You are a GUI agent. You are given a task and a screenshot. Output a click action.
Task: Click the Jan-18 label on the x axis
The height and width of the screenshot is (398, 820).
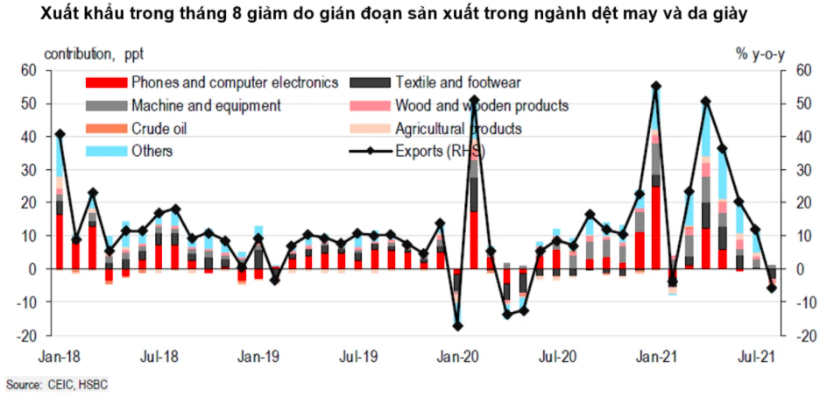click(x=58, y=357)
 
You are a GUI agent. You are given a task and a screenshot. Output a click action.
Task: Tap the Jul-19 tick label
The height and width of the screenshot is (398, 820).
click(x=358, y=357)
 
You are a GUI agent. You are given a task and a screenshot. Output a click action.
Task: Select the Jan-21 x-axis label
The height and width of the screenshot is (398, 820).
click(x=656, y=357)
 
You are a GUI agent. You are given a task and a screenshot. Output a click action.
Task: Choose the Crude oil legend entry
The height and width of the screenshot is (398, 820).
click(x=159, y=129)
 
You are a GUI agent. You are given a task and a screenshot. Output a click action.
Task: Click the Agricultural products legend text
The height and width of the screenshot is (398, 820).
click(x=458, y=129)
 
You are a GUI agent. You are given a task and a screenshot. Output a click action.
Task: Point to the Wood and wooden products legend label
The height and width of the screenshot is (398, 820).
click(x=482, y=106)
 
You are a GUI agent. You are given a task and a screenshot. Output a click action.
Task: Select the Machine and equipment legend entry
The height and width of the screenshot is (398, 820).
click(x=205, y=106)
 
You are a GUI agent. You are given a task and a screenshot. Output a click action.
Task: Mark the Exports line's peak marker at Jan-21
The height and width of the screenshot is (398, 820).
click(x=656, y=86)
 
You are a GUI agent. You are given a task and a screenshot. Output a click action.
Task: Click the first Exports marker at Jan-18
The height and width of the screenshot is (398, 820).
click(x=60, y=134)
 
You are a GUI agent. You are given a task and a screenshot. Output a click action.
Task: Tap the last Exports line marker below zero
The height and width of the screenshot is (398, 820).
click(x=773, y=288)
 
